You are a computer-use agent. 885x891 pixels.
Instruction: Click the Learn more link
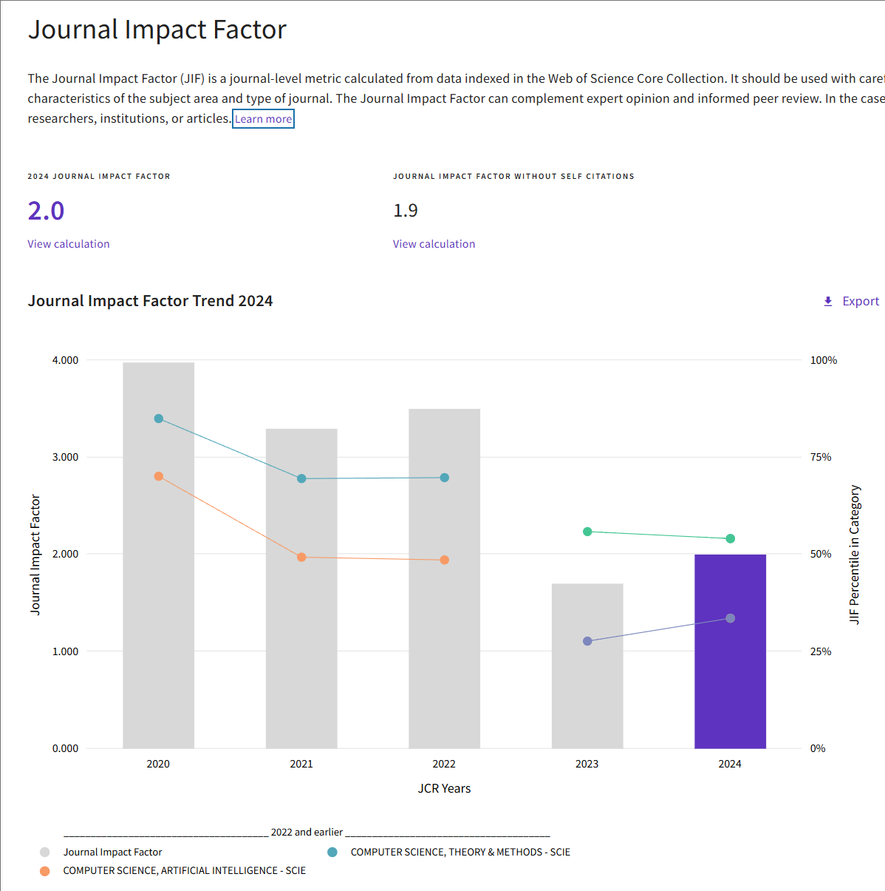click(263, 119)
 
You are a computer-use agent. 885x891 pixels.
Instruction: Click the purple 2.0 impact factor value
click(46, 211)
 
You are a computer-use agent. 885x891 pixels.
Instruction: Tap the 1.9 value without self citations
click(406, 211)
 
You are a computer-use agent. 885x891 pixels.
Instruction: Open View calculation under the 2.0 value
click(69, 244)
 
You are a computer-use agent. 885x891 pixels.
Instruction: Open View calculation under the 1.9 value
click(434, 244)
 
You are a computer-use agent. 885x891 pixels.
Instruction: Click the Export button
click(851, 301)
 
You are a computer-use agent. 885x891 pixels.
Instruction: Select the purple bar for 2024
click(730, 651)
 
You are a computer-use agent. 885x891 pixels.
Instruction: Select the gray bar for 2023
click(587, 665)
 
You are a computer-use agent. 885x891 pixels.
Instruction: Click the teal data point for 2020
click(159, 419)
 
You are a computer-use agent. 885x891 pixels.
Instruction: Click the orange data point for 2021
click(301, 558)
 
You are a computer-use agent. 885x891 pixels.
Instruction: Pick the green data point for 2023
click(587, 532)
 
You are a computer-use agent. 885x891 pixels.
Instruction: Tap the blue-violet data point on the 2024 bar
click(730, 618)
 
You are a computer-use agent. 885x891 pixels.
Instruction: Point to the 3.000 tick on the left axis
click(65, 457)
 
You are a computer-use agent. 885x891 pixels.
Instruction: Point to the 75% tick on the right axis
click(821, 457)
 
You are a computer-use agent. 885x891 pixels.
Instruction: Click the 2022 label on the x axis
click(444, 764)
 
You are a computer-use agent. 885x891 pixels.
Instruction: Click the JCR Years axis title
click(444, 788)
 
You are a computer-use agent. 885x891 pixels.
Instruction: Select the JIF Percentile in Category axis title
click(855, 555)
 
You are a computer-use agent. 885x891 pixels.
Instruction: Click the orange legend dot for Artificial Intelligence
click(45, 871)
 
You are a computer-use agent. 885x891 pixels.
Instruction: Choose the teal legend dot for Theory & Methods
click(332, 852)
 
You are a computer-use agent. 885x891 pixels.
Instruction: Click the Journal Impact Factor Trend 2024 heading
click(150, 301)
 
